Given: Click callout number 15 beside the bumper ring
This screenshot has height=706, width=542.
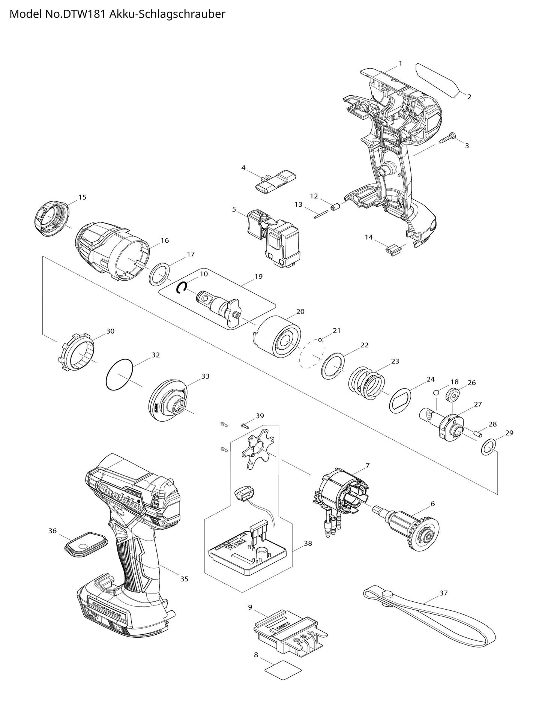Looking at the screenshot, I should click(83, 197).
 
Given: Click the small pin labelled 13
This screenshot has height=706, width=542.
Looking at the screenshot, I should click(321, 215).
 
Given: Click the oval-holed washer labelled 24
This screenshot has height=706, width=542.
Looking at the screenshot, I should click(400, 401).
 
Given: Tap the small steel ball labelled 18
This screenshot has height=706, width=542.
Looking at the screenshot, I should click(436, 392).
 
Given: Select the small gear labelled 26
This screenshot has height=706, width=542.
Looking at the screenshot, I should click(452, 395).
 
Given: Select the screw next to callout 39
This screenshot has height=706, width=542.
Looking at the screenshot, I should click(244, 425).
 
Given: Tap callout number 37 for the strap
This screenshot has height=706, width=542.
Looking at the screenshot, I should click(443, 593).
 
